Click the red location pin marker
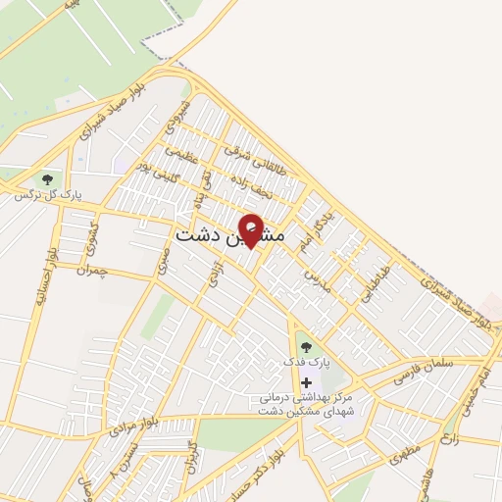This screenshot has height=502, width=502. pyautogui.click(x=251, y=229)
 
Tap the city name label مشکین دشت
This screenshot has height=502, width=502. pyautogui.click(x=230, y=236)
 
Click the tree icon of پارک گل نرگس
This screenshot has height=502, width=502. pyautogui.click(x=46, y=179)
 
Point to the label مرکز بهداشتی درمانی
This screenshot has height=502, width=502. pyautogui.click(x=307, y=398)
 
